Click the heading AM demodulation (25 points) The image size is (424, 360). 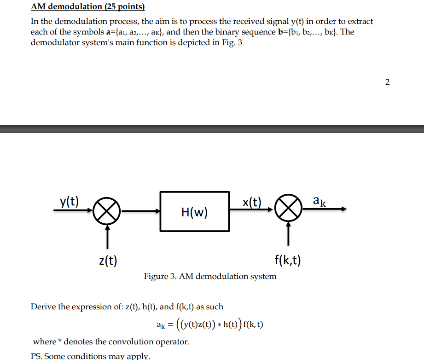pos(87,7)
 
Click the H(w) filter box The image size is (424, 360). pos(194,211)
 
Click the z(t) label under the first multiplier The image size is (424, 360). pos(108,261)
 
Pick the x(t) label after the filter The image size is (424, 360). pos(251,201)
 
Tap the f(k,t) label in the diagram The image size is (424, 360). pos(288,261)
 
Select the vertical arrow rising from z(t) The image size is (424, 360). pos(108,236)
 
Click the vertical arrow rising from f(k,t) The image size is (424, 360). pos(288,236)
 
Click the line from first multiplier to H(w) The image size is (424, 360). pos(140,211)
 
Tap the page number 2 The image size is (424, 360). pos(387,82)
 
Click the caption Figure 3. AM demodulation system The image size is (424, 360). pos(210,276)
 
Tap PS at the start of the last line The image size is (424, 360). pos(36,356)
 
